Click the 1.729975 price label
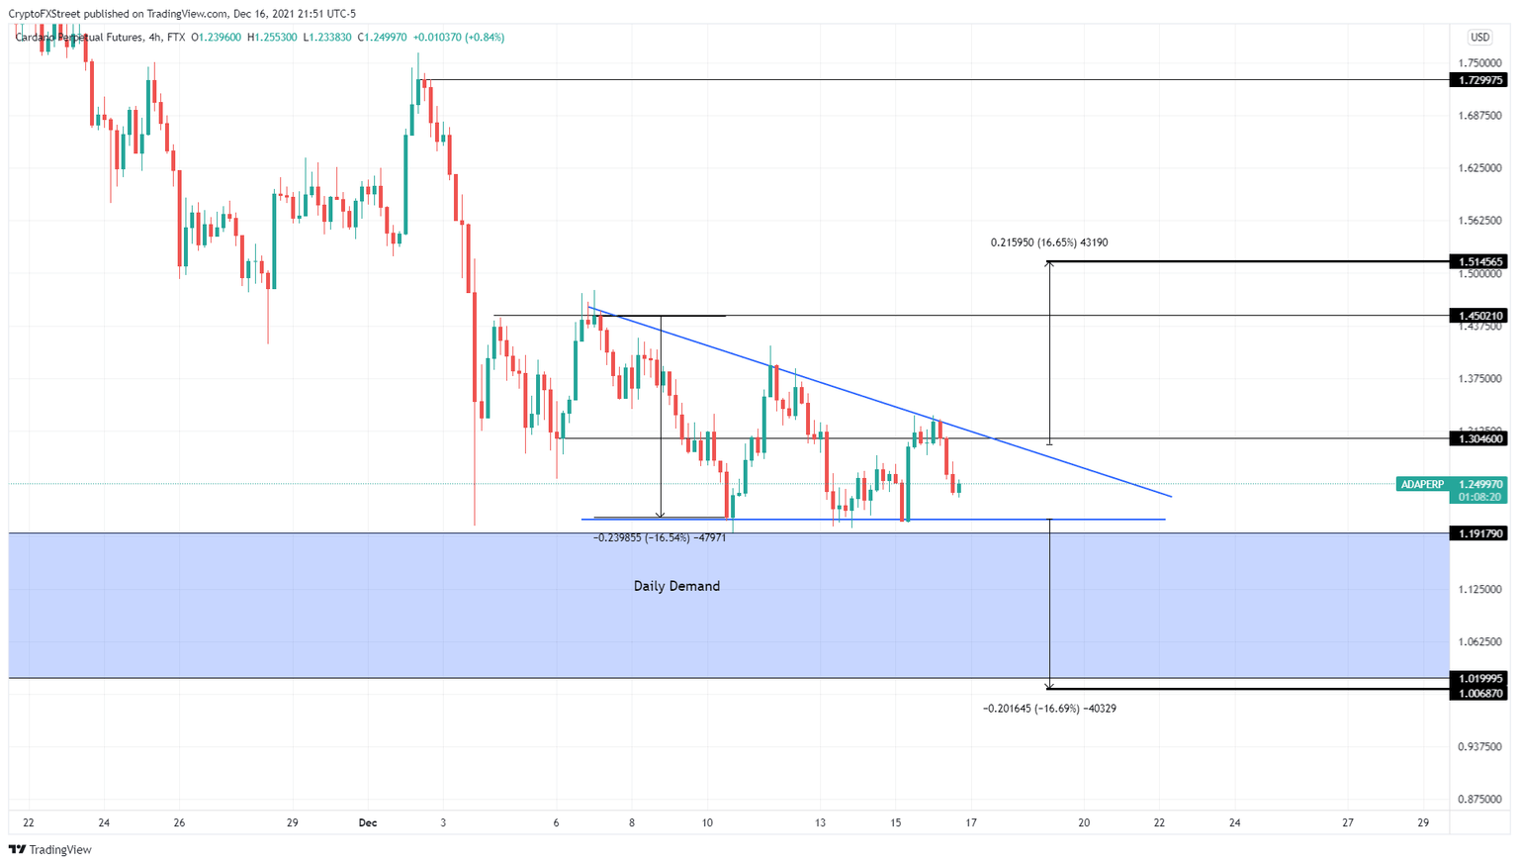coord(1478,80)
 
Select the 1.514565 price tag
coord(1478,262)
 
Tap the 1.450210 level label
coord(1478,316)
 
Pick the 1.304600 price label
coord(1478,438)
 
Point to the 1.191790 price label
coord(1478,533)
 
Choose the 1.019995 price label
coord(1478,678)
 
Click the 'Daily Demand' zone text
coord(676,586)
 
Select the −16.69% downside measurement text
coord(1049,709)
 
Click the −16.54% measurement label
coord(660,537)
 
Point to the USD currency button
coord(1479,38)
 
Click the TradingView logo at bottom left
coord(50,849)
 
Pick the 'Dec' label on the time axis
coord(368,822)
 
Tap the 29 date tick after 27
coord(1423,822)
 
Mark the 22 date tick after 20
coord(1159,822)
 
